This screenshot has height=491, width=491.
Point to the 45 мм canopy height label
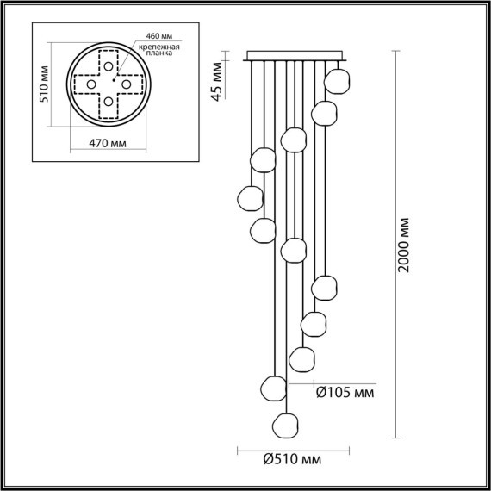(x=217, y=81)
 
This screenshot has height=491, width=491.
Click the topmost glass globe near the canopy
(x=337, y=81)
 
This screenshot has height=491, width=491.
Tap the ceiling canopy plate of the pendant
(x=295, y=58)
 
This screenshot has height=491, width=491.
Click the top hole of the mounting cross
(x=108, y=67)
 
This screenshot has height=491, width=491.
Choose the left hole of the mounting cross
(x=90, y=84)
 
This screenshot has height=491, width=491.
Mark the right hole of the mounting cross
(x=125, y=84)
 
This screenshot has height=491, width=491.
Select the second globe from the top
(x=324, y=112)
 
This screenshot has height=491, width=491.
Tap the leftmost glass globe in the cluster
(x=249, y=197)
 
